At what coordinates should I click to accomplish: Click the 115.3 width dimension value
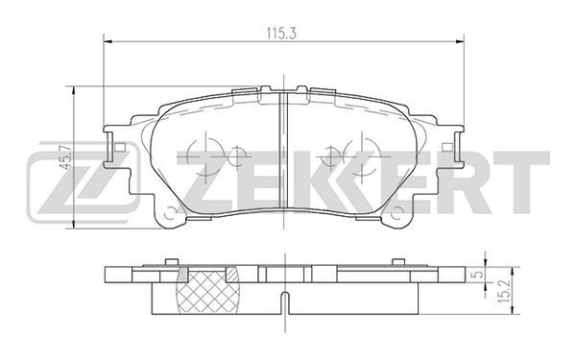(x=281, y=34)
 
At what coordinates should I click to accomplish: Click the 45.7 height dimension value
(x=66, y=156)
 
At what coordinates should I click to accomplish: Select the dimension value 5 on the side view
(x=476, y=275)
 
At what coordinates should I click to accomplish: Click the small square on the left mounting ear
(x=120, y=147)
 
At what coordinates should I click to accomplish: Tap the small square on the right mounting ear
(x=447, y=147)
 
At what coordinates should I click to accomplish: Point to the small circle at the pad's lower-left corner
(x=170, y=213)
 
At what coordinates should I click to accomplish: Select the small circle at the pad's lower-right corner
(x=397, y=213)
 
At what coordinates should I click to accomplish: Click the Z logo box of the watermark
(x=84, y=182)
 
